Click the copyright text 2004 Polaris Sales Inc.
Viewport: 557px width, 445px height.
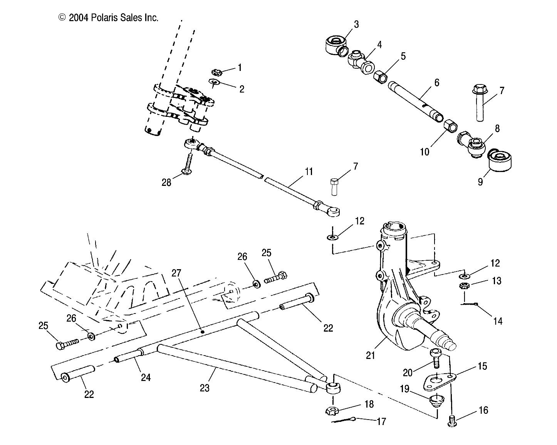point(108,18)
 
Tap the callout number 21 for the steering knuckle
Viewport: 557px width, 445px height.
point(370,355)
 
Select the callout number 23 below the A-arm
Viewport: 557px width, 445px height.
point(205,388)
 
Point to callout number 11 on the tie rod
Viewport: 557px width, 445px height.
point(309,172)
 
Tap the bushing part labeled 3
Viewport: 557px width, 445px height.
point(334,45)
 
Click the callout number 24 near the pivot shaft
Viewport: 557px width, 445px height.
point(145,377)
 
